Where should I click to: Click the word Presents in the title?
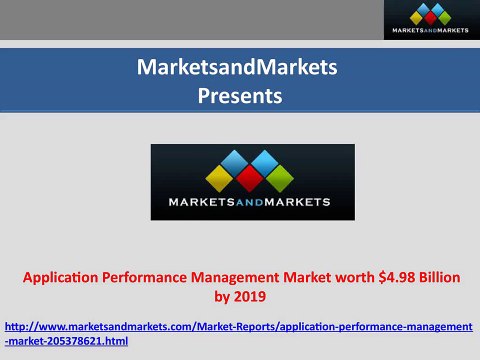pyautogui.click(x=240, y=97)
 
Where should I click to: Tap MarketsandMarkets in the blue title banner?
pyautogui.click(x=240, y=68)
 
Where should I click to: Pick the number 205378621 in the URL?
pyautogui.click(x=76, y=341)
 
